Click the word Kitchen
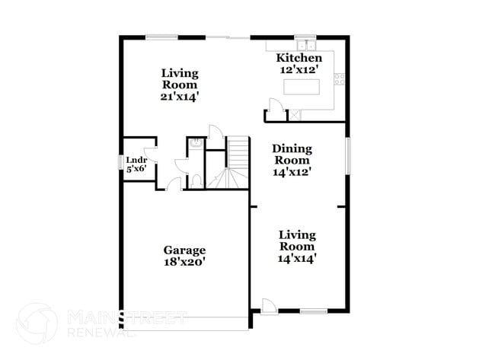tap(299, 58)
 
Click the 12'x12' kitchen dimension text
tap(299, 69)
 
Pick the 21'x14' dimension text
tap(180, 97)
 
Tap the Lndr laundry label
tap(136, 160)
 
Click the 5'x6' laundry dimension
tap(136, 169)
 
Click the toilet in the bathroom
tap(196, 181)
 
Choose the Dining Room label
tap(292, 155)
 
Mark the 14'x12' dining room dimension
tap(292, 172)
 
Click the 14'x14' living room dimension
tap(297, 259)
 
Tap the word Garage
tap(184, 250)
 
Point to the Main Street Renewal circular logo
tap(36, 323)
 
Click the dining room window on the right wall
tap(348, 156)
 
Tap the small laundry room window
tap(120, 163)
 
